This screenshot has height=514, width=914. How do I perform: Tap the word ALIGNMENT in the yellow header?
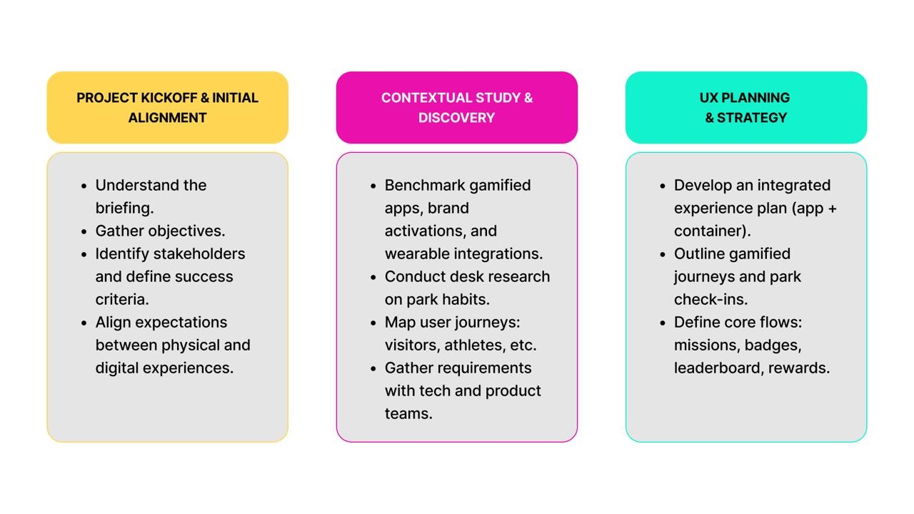tap(167, 118)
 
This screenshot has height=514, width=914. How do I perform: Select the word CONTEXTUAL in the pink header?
tap(426, 98)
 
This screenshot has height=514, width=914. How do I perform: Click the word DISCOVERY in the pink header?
tap(456, 118)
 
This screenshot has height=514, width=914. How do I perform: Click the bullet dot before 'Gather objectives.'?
tap(86, 231)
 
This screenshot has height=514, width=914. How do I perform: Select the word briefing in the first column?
tap(123, 208)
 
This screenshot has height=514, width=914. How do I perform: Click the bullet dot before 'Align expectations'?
tap(86, 323)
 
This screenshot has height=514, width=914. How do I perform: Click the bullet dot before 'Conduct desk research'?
tap(375, 277)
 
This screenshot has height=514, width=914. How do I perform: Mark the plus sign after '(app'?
tap(832, 208)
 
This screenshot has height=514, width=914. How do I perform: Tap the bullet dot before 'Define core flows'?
tap(664, 323)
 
